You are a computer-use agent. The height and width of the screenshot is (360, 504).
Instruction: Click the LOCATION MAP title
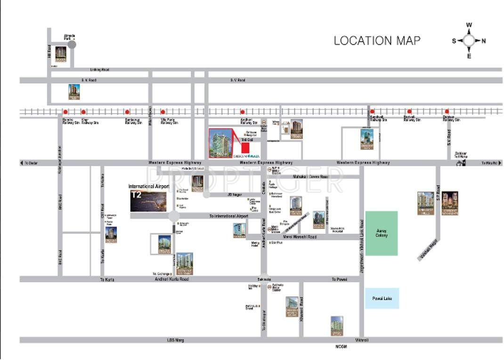(x=377, y=41)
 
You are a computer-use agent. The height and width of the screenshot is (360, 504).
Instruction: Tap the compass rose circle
(x=469, y=41)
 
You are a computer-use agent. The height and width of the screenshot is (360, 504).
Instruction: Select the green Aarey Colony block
(x=382, y=233)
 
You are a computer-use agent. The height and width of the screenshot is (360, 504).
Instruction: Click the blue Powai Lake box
(x=382, y=298)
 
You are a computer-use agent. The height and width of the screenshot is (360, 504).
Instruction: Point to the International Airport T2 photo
(x=148, y=201)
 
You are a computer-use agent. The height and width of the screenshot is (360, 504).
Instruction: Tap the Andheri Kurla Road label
(x=171, y=279)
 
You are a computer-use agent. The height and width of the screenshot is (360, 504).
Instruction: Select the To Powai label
(x=339, y=279)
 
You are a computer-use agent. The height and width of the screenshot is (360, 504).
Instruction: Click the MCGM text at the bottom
(x=341, y=347)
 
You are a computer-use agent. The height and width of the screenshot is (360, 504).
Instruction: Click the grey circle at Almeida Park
(x=72, y=44)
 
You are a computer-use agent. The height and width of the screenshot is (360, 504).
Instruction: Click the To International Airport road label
(x=228, y=216)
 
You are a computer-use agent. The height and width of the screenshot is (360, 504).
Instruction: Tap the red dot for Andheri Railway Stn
(x=243, y=112)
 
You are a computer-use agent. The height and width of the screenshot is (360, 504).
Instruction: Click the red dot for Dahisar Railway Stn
(x=447, y=112)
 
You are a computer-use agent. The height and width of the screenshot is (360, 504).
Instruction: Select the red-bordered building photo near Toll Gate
(x=220, y=143)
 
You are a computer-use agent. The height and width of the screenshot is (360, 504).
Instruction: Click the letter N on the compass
(x=484, y=41)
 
